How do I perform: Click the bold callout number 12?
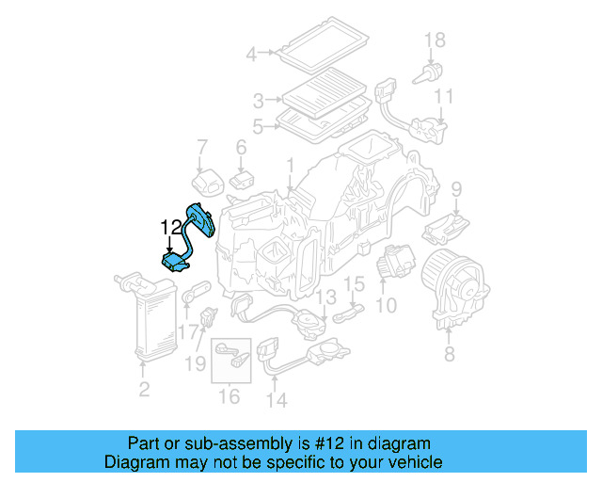171,228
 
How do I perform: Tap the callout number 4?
251,54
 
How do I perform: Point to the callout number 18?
435,40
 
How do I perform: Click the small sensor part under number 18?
427,74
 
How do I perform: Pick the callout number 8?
450,354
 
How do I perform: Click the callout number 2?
144,389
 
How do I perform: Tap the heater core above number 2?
148,316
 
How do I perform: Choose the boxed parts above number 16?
231,361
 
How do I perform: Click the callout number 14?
277,400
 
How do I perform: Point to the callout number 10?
386,305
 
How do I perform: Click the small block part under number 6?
242,180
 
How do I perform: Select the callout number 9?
456,189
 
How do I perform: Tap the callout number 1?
291,166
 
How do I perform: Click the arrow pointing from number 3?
274,100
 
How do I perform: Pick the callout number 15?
354,284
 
